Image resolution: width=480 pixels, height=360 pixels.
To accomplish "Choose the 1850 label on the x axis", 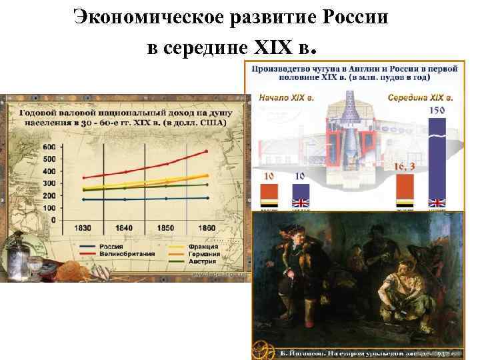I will point(166,229).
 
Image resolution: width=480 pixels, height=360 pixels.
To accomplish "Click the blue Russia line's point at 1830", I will point(84,199).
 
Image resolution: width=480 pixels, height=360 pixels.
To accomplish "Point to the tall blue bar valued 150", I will point(437,160).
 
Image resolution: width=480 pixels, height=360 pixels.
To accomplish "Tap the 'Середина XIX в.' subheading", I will point(420,97).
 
